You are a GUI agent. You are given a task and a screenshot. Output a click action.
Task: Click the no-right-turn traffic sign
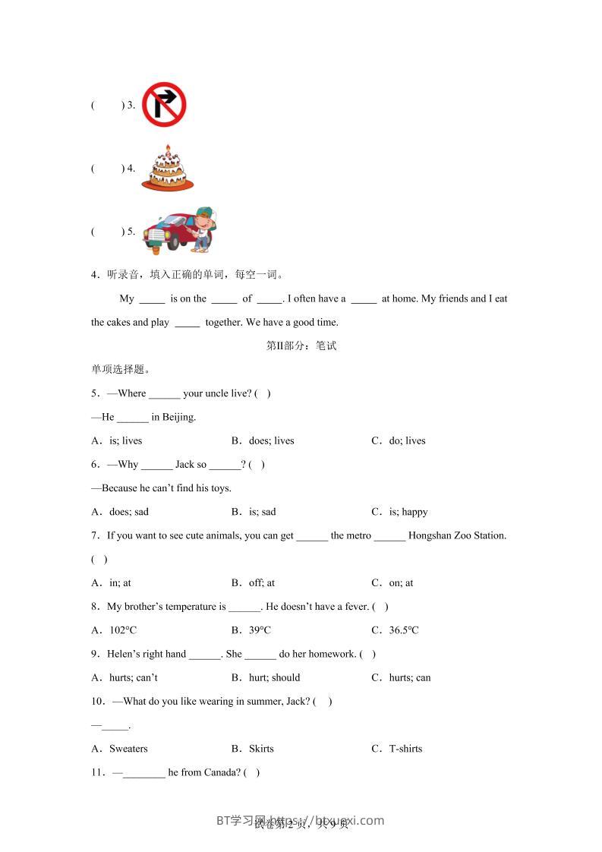tap(164, 104)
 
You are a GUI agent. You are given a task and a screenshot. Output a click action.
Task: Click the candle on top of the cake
tap(167, 148)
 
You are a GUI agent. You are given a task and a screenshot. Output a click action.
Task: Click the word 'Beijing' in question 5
tap(178, 417)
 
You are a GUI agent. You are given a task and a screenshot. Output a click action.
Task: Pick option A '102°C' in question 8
tap(123, 630)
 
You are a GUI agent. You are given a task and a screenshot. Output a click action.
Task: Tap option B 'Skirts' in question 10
tap(261, 749)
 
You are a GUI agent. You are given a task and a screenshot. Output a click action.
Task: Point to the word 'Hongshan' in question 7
tap(429, 535)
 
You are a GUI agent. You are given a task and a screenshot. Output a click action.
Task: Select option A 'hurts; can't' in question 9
tap(134, 677)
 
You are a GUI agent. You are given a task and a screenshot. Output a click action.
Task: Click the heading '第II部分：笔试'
tap(301, 346)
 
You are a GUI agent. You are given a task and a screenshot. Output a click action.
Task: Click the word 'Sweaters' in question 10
tap(128, 749)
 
